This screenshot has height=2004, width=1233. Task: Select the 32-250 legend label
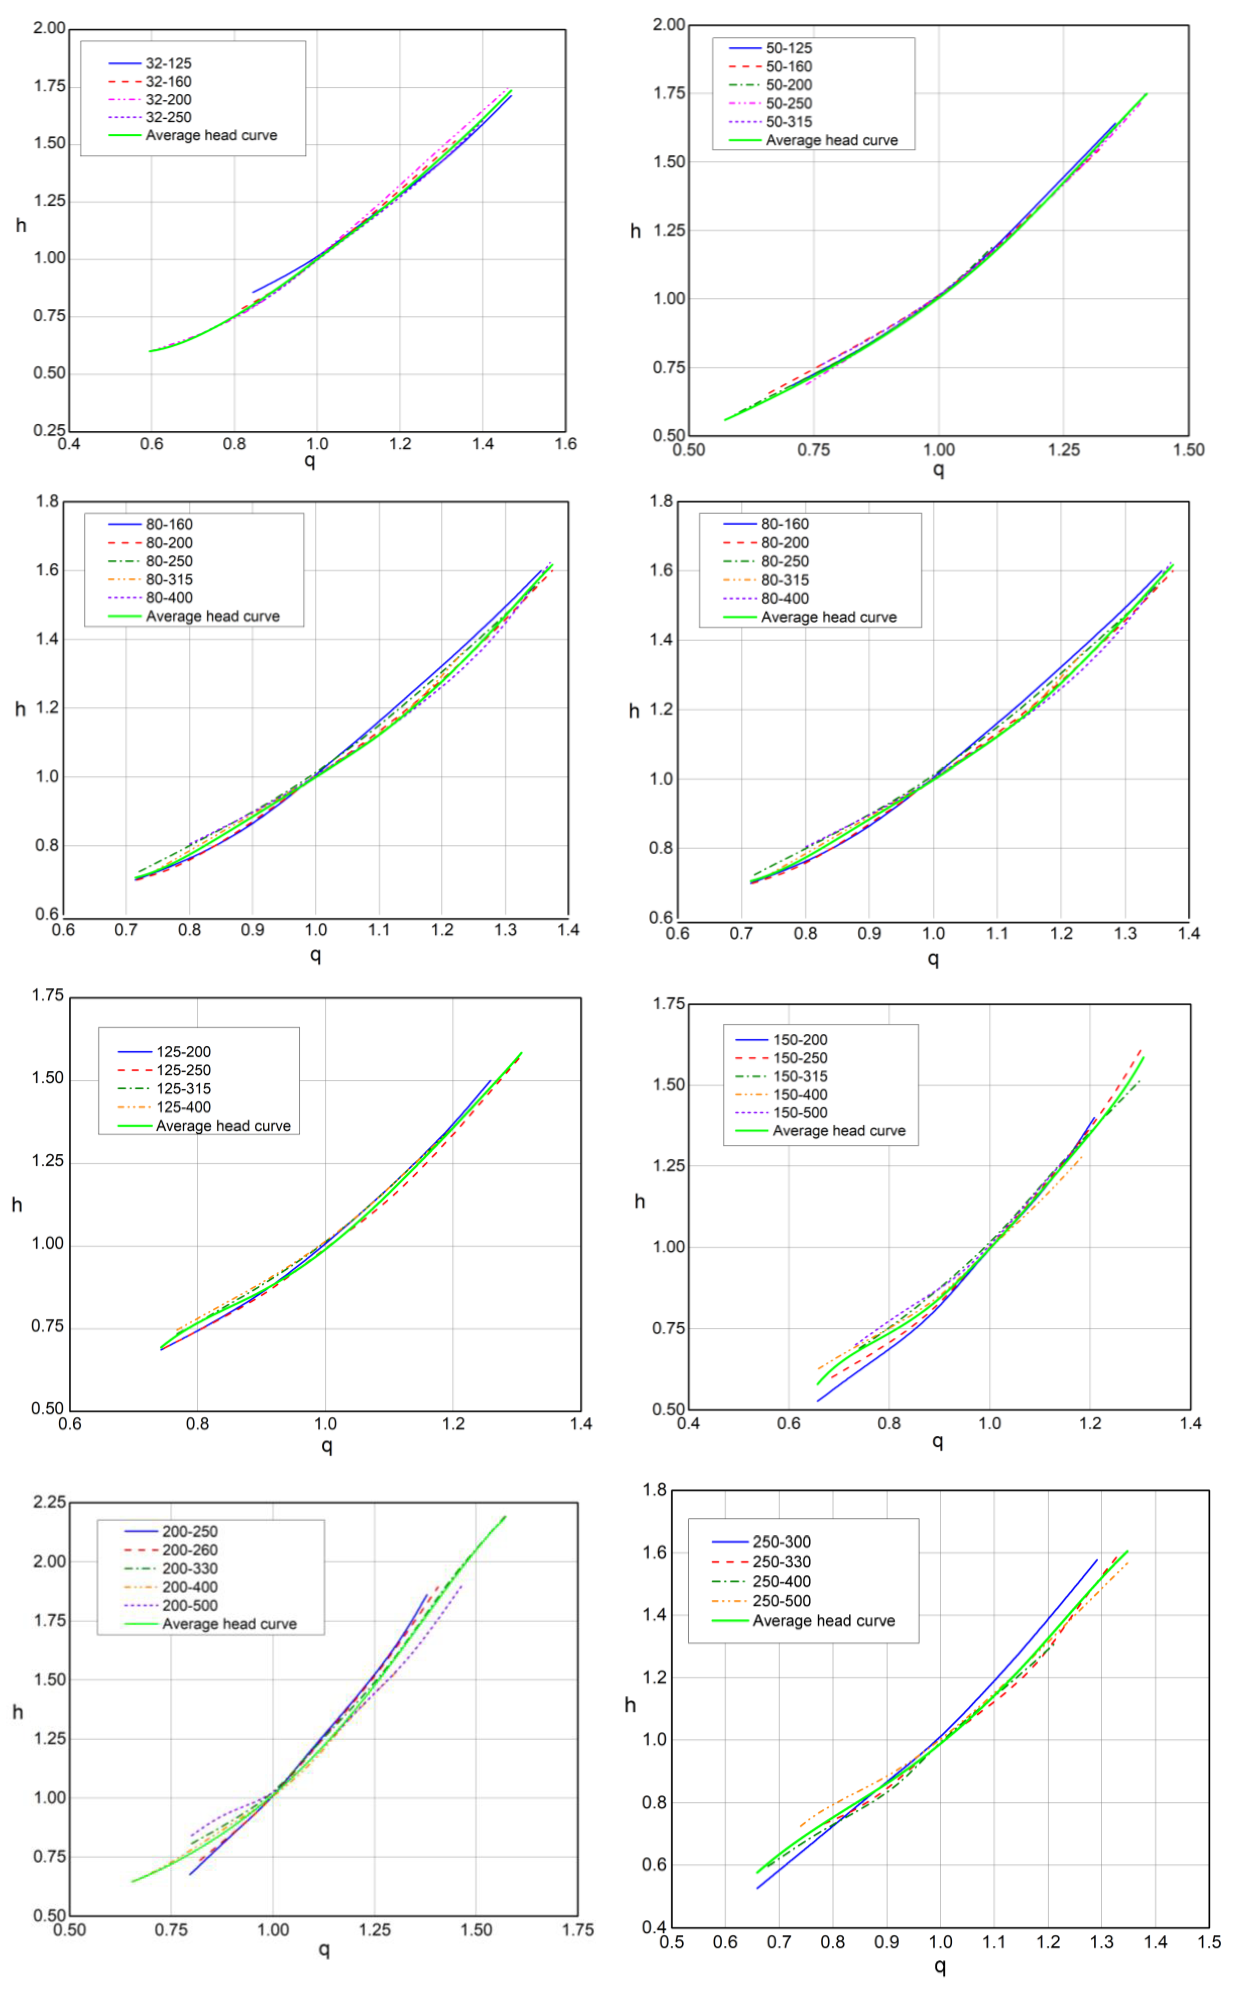click(168, 118)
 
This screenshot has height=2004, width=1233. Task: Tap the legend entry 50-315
click(789, 122)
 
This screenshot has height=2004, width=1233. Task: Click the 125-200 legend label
click(183, 1052)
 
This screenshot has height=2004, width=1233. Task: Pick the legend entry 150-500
click(800, 1112)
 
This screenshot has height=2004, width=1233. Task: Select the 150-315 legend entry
click(800, 1076)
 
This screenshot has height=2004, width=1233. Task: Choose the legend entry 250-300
click(781, 1542)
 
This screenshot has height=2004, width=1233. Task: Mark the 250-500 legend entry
click(781, 1601)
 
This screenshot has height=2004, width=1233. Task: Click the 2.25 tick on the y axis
click(49, 1502)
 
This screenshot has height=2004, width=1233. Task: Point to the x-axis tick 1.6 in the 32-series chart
click(565, 444)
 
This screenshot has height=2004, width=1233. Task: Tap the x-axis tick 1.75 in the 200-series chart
click(577, 1930)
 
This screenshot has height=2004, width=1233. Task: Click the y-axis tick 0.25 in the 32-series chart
click(49, 431)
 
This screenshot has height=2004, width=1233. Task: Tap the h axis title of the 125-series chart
click(16, 1205)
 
